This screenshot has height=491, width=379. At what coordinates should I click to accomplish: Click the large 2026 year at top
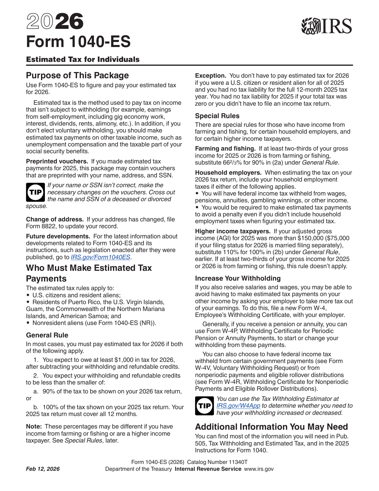click(55, 21)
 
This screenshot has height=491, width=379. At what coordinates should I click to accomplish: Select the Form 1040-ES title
click(78, 42)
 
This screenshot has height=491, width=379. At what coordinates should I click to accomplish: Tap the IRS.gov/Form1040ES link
click(100, 257)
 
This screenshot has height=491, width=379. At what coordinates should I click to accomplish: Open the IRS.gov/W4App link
click(238, 406)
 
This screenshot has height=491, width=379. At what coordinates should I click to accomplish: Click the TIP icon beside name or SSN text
click(35, 192)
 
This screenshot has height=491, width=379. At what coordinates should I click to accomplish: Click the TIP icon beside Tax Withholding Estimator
click(205, 406)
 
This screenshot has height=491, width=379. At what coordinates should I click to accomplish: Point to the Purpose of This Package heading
click(77, 75)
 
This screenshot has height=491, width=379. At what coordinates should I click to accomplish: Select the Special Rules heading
click(217, 116)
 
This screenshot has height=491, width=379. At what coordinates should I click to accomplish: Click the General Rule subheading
click(47, 335)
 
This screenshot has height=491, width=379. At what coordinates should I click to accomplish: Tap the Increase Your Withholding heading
click(238, 278)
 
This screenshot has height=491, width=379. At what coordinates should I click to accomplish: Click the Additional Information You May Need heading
click(271, 427)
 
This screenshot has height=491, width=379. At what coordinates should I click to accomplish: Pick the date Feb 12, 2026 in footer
click(43, 469)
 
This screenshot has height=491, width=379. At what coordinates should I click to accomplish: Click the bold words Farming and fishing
click(225, 148)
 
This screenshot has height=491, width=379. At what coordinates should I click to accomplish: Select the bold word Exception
click(210, 76)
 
